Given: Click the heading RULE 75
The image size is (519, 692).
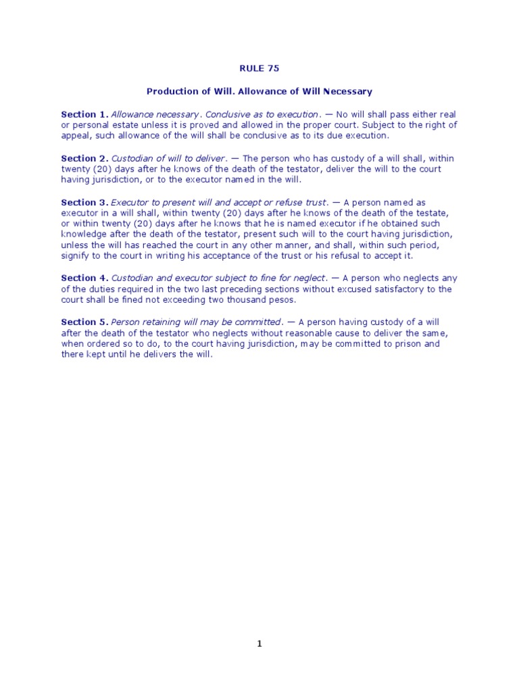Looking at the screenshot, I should click(259, 68).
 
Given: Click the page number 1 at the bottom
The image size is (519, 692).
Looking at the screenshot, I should click(259, 644).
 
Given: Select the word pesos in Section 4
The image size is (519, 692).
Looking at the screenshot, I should click(282, 299).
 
